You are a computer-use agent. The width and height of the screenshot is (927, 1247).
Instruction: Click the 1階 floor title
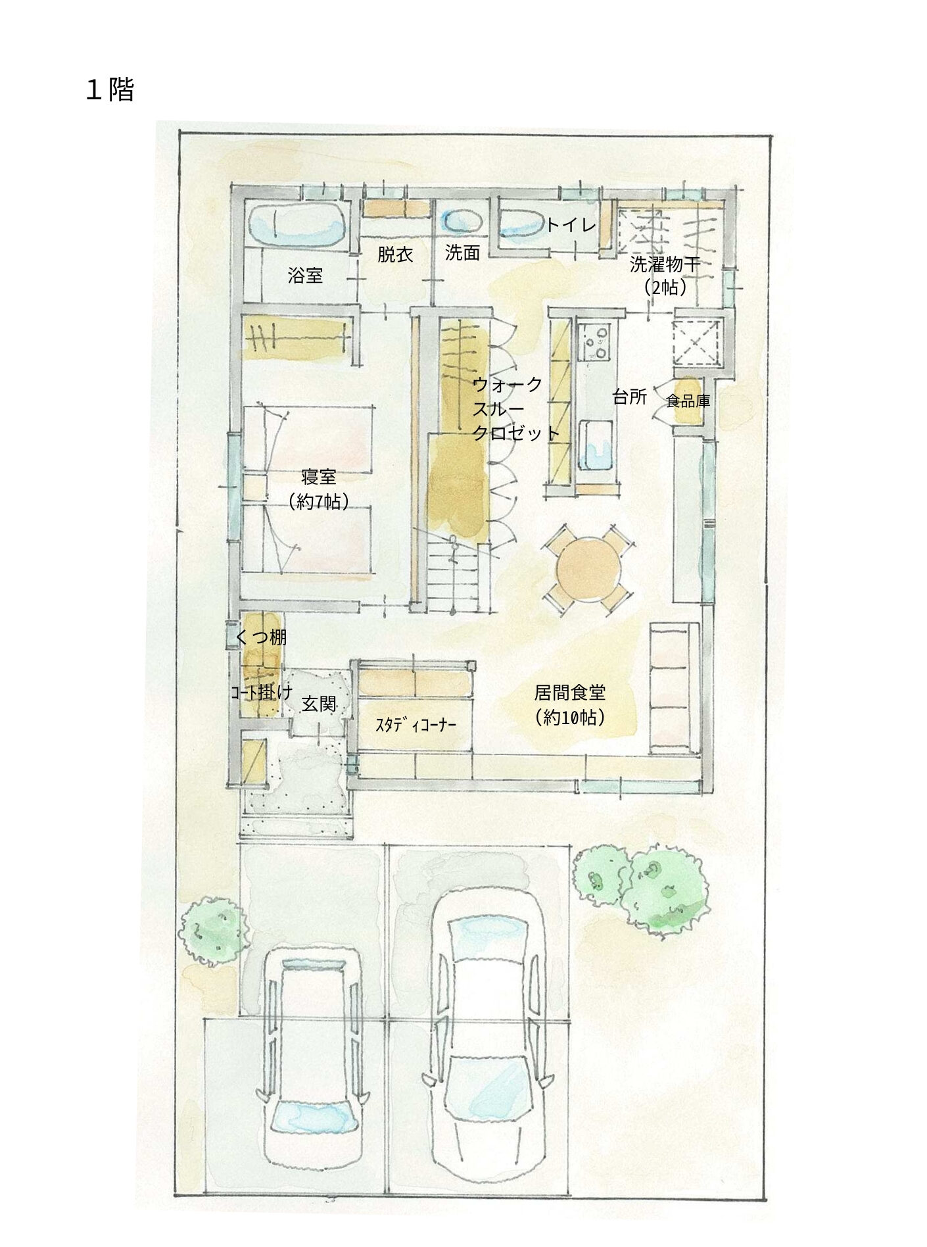[110, 90]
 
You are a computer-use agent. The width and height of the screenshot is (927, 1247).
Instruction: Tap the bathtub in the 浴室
[297, 224]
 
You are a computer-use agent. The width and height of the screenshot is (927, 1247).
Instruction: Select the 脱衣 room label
[395, 255]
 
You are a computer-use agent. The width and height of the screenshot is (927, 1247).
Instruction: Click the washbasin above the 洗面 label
[461, 220]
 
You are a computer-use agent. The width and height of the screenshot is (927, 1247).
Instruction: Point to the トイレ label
[571, 225]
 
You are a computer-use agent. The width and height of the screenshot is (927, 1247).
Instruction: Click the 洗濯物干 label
[665, 264]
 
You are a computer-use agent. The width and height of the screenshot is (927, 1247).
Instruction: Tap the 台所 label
[630, 397]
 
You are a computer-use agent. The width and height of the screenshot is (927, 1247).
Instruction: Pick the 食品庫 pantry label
[688, 401]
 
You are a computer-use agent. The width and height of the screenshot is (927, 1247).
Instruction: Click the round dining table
[588, 568]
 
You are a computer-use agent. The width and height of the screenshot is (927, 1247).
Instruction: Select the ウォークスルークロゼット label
[515, 408]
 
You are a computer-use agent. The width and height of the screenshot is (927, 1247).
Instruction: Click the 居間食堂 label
[570, 693]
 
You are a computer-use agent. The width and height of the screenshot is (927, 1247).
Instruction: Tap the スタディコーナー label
[416, 725]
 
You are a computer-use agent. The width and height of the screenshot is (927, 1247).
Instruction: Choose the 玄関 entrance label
[319, 704]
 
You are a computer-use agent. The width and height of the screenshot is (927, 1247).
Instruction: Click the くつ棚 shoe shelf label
[261, 636]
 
